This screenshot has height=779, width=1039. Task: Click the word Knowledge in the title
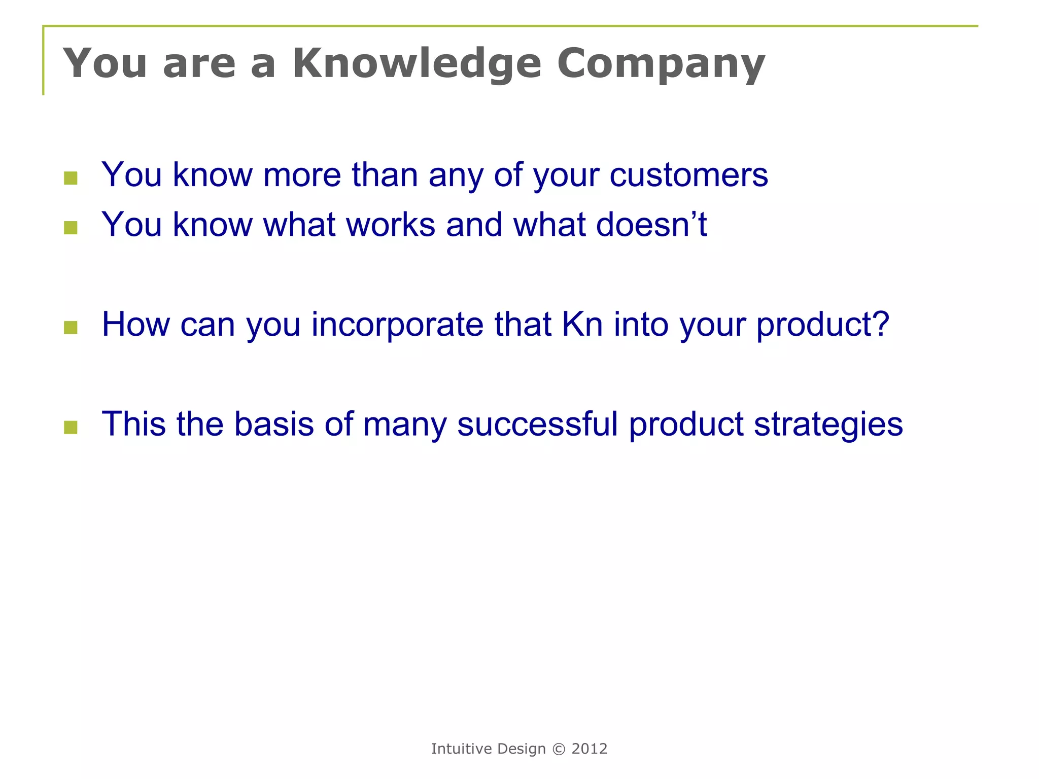pos(417,64)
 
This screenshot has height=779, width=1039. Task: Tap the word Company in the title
pos(661,64)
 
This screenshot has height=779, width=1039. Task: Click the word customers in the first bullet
pos(688,175)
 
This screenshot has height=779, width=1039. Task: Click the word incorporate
pos(397,325)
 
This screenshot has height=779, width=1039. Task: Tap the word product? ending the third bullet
pos(822,325)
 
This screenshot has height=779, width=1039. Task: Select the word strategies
pos(828,424)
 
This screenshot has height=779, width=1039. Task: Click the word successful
pos(537,424)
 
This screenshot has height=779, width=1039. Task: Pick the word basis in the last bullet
pos(273,424)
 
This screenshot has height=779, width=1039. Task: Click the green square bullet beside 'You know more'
pos(71,178)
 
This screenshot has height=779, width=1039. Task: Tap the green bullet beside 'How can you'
pos(71,328)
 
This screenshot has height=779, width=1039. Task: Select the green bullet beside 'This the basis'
pos(71,428)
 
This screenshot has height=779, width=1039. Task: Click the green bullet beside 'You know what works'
pos(71,228)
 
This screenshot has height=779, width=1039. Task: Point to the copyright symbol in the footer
pos(558,749)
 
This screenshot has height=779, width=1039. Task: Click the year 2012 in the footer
pos(589,749)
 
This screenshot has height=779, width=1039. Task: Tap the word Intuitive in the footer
pos(461,749)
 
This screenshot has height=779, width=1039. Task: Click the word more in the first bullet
pos(302,175)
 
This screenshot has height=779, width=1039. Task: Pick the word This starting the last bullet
pos(133,424)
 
